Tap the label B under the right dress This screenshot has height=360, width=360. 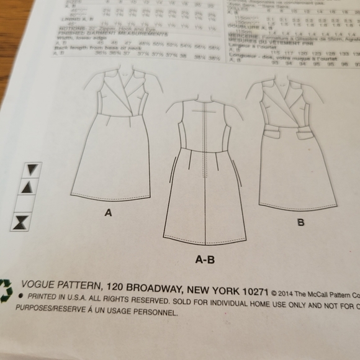(x=300, y=222)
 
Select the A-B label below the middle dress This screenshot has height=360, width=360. (x=205, y=260)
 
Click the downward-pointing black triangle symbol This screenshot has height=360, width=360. (x=32, y=169)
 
